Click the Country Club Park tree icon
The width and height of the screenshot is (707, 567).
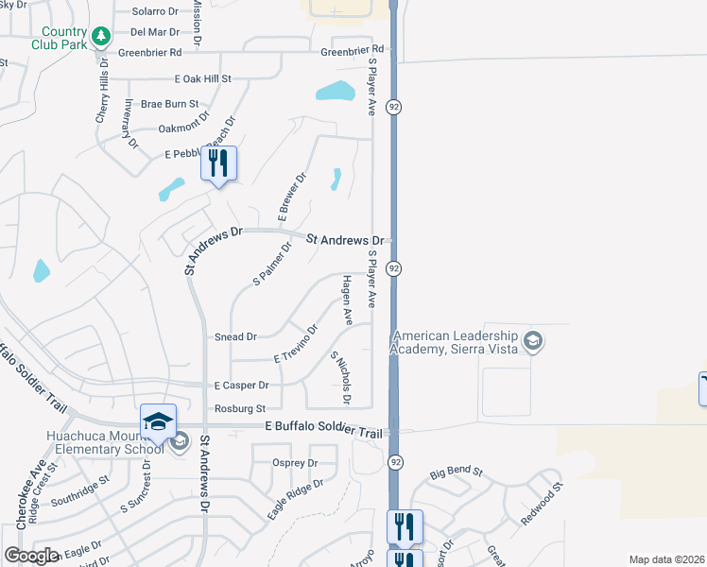(100, 37)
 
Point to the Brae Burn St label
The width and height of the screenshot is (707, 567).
(169, 104)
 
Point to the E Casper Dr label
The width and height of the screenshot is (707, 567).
(241, 386)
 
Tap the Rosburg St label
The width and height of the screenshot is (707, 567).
(239, 408)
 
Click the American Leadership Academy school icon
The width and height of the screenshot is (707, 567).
(533, 341)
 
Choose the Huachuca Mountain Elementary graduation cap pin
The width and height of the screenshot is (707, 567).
(158, 421)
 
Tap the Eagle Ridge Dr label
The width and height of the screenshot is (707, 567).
(295, 498)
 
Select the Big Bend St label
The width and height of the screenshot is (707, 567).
(457, 472)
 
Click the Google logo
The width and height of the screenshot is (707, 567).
(31, 556)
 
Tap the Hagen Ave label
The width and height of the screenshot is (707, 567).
(348, 301)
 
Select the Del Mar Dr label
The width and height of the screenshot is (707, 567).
(154, 31)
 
